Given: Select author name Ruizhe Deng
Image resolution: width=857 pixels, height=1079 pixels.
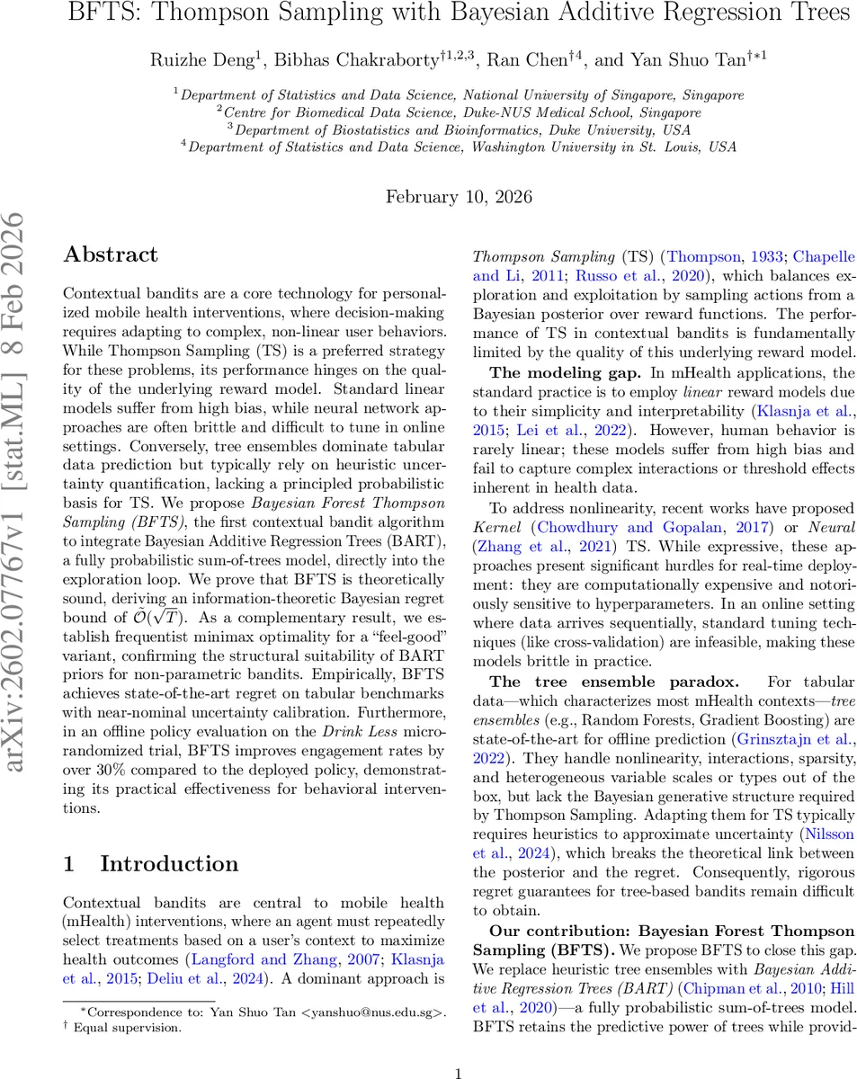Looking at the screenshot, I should [204, 60].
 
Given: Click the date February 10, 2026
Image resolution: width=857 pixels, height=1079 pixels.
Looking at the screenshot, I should [459, 197].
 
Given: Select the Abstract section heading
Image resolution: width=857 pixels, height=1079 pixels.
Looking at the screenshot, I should [111, 254].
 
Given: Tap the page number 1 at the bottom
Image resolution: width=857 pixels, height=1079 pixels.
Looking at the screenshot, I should [459, 1073].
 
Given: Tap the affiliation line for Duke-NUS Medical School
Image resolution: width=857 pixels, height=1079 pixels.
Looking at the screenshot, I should [459, 112].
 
